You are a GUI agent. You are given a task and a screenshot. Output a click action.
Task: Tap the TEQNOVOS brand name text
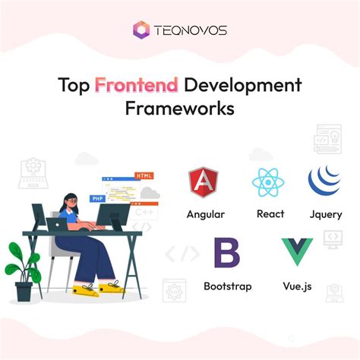[191, 30]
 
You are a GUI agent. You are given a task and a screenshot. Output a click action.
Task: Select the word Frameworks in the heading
[179, 109]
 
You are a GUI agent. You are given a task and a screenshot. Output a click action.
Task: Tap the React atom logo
[269, 183]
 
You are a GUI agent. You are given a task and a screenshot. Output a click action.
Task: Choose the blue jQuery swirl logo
[326, 182]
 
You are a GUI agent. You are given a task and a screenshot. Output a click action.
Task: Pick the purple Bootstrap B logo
[226, 253]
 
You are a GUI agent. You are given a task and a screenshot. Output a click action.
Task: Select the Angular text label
[205, 213]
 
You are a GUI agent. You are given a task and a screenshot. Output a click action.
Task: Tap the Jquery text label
[326, 213]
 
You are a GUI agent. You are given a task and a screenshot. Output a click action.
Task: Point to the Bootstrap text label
[227, 286]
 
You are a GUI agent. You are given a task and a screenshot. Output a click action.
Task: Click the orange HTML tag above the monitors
[144, 175]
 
